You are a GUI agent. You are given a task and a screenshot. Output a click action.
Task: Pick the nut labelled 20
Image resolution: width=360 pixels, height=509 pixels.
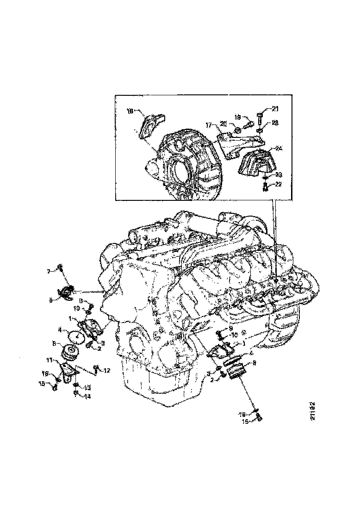click(x=236, y=131)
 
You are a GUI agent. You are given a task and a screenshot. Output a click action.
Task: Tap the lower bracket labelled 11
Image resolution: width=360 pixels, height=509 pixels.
click(x=69, y=372)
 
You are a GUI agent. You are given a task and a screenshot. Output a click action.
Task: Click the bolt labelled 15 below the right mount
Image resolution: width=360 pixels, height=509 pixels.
click(x=260, y=419)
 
